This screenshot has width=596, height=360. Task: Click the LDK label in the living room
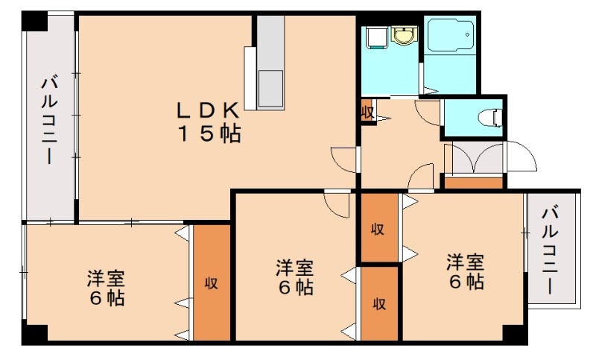click(x=207, y=110)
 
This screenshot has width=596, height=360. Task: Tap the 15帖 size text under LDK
click(x=208, y=134)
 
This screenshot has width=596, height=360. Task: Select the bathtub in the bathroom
click(x=451, y=36)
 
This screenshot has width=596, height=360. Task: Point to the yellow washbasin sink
click(x=404, y=34)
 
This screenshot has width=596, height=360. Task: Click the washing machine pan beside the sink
click(x=373, y=35)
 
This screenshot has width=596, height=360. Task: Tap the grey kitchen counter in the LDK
click(x=270, y=63)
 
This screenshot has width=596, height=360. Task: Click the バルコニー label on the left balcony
click(x=50, y=119)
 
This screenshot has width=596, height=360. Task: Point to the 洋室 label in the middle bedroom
click(x=294, y=267)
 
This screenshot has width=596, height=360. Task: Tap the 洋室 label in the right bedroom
click(x=466, y=262)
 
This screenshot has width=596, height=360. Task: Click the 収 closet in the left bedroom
click(x=212, y=283)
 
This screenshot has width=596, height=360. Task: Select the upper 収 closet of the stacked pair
click(x=378, y=229)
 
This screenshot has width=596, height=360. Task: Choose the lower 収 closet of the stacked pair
click(x=379, y=303)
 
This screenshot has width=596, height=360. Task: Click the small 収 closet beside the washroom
click(x=367, y=112)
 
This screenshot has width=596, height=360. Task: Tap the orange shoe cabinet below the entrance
click(x=474, y=182)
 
